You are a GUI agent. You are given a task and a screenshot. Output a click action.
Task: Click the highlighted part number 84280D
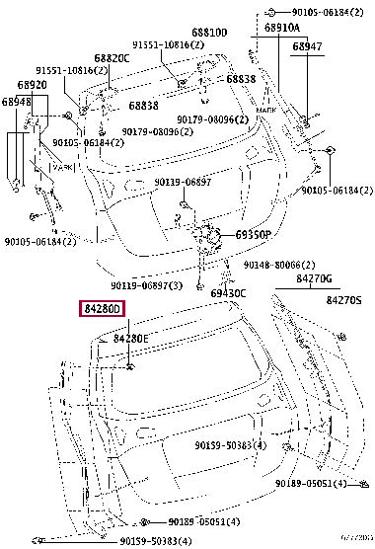coord(103,310)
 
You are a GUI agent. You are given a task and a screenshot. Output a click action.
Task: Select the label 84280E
coord(130,339)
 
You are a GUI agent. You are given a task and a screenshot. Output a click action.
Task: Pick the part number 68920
coord(33,85)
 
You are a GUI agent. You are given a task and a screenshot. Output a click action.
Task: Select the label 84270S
coord(344,299)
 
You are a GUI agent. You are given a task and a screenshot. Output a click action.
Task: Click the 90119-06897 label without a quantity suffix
coord(183,183)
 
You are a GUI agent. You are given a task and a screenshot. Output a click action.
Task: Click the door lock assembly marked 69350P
coord(207,237)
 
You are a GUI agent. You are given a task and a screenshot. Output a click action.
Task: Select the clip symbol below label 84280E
coord(129,367)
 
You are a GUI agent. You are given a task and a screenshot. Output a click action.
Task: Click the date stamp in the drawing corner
coord(356,542)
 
